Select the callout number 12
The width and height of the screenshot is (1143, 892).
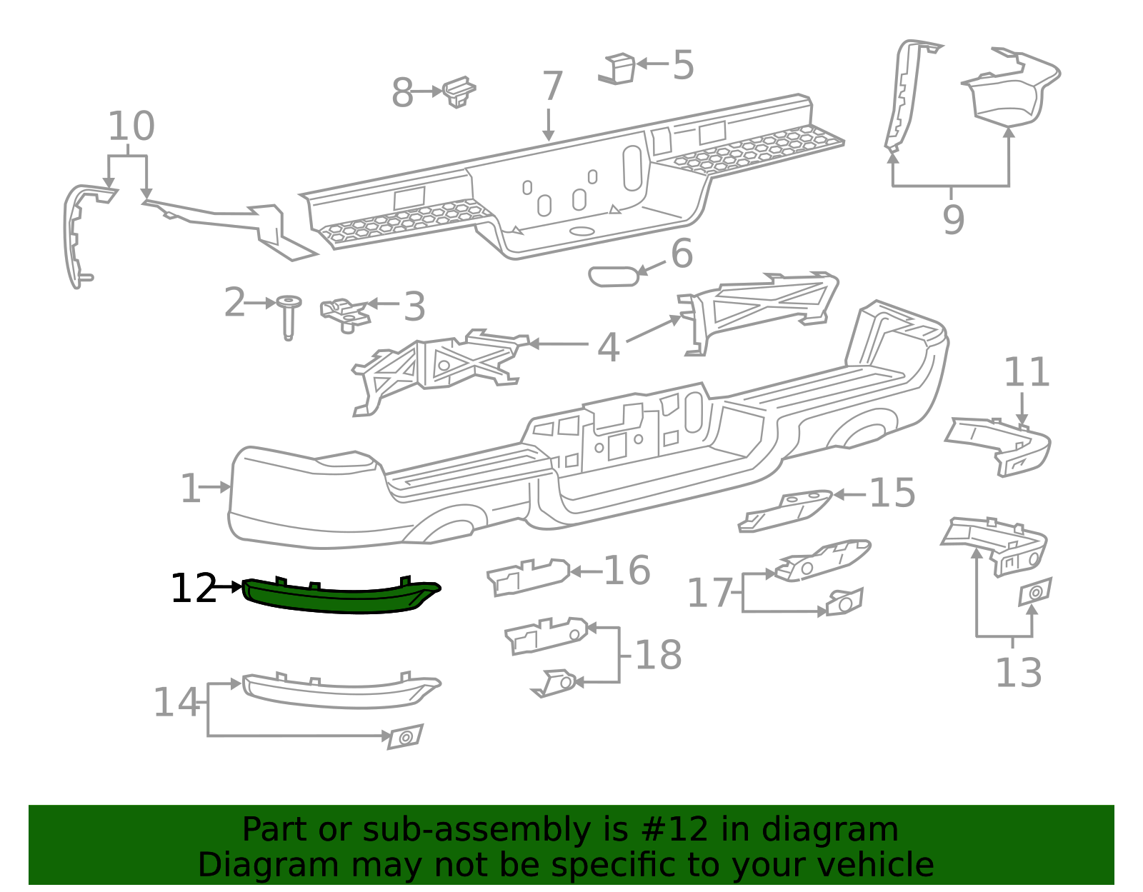click(x=193, y=589)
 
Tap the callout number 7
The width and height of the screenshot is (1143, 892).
click(x=552, y=87)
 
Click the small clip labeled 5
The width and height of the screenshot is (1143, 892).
click(x=619, y=68)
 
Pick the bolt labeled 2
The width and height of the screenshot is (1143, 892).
click(x=289, y=315)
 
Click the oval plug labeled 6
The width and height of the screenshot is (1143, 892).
click(x=613, y=276)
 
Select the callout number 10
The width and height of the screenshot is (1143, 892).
click(x=131, y=126)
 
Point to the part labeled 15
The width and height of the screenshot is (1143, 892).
click(x=786, y=511)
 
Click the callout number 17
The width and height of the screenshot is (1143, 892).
click(x=709, y=593)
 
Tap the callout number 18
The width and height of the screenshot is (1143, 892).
click(x=658, y=655)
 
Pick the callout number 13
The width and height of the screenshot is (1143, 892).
click(x=1018, y=673)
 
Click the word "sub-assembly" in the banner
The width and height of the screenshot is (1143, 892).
click(x=454, y=830)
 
